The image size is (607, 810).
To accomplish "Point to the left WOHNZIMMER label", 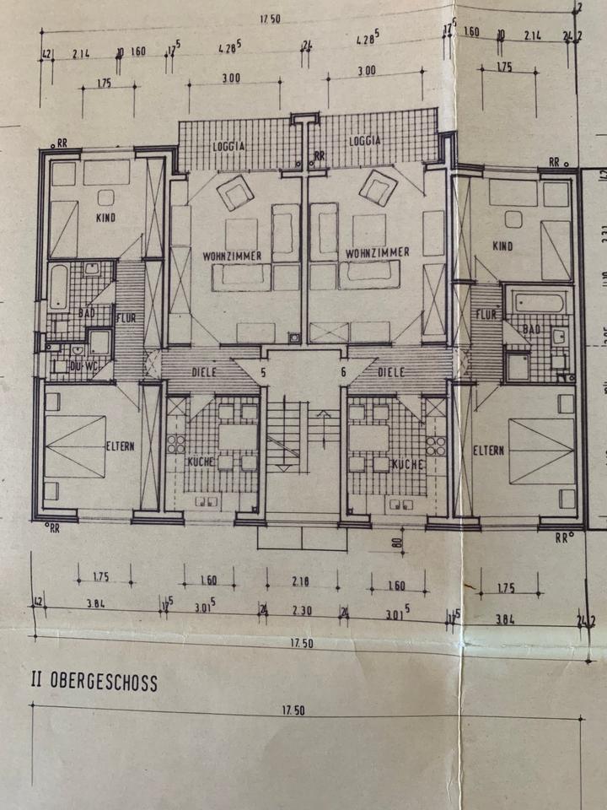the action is click(232, 255).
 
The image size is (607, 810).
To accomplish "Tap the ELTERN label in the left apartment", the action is click(121, 447).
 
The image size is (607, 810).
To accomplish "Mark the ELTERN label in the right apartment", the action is click(488, 450).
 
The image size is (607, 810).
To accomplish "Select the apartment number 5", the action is click(263, 370).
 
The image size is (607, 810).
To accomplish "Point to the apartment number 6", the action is click(343, 371).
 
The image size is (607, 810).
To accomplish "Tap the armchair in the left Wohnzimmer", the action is click(235, 192).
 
